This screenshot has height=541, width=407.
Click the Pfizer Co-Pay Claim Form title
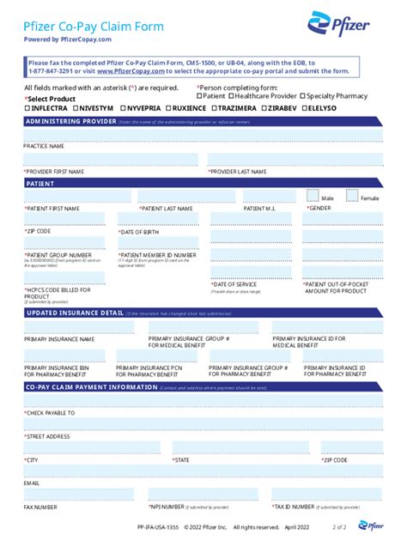(x=94, y=27)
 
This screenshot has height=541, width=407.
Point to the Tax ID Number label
(x=296, y=507)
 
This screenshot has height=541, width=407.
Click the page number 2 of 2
(x=339, y=526)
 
